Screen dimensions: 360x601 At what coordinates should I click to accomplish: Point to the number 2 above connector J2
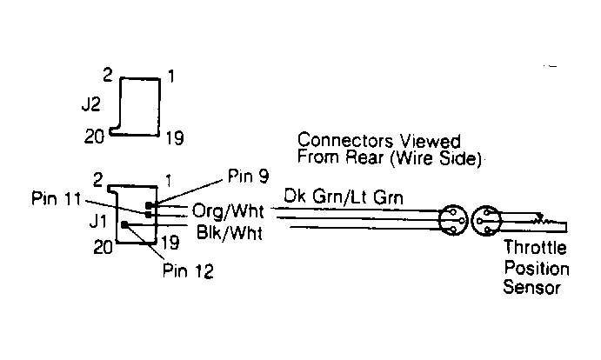pos(107,75)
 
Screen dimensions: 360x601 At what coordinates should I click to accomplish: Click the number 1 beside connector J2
pos(171,77)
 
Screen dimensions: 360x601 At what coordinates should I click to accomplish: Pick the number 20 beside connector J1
pos(104,248)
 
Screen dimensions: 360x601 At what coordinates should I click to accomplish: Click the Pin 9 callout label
pos(247,176)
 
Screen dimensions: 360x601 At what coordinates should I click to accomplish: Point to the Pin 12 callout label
pos(187,271)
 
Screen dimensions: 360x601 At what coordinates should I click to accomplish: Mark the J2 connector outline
pos(140,106)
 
